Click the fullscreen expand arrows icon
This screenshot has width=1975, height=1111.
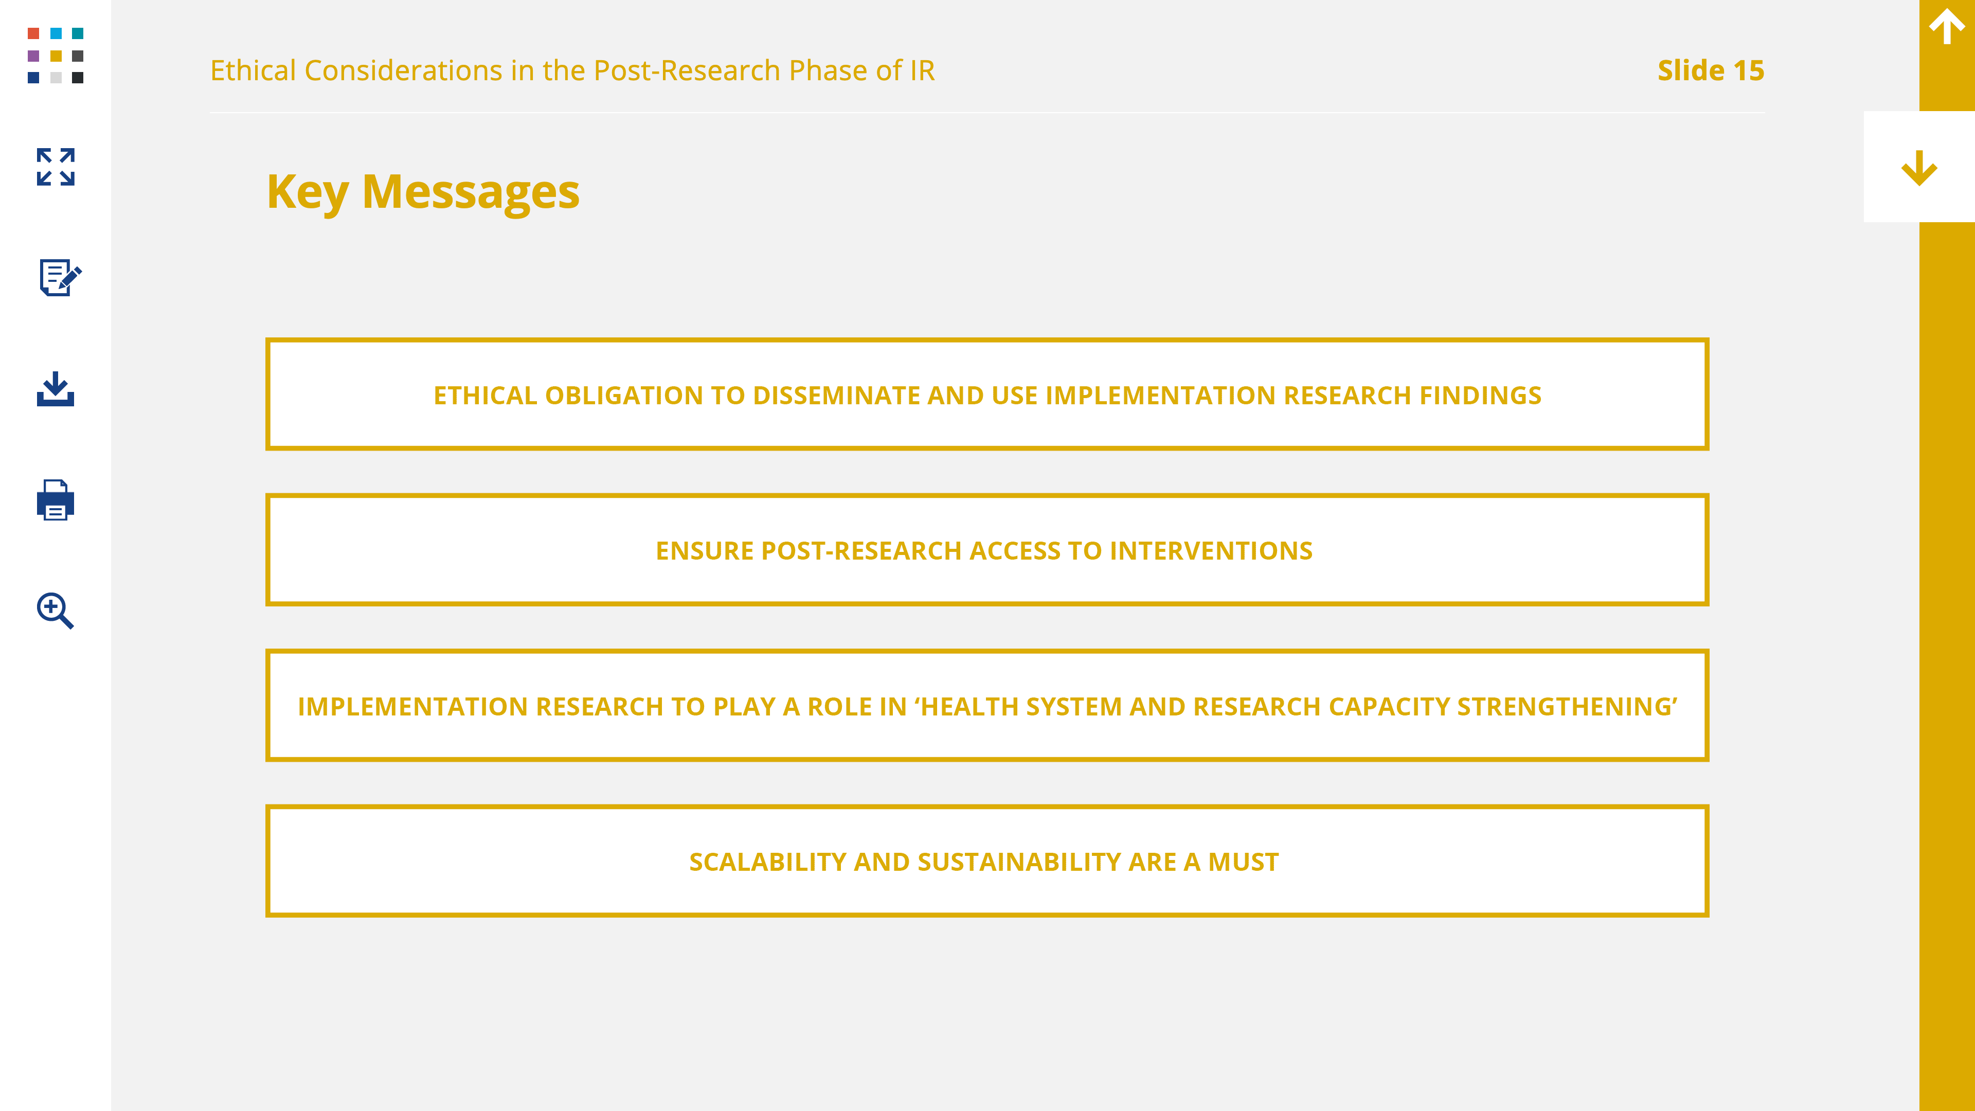point(55,167)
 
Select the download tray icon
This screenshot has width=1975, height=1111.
point(55,389)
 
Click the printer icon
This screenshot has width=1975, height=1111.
point(55,500)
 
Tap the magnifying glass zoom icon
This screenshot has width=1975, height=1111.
point(55,611)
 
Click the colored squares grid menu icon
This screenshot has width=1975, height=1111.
point(55,55)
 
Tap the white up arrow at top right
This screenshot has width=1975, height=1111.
point(1947,27)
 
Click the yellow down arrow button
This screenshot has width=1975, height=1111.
point(1919,168)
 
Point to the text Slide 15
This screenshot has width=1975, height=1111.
point(1711,70)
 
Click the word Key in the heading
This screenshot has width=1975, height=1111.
point(308,193)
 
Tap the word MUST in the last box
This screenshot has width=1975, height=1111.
point(1244,863)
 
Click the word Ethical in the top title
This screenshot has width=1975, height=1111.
point(253,70)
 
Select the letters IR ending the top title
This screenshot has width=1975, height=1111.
point(922,70)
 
